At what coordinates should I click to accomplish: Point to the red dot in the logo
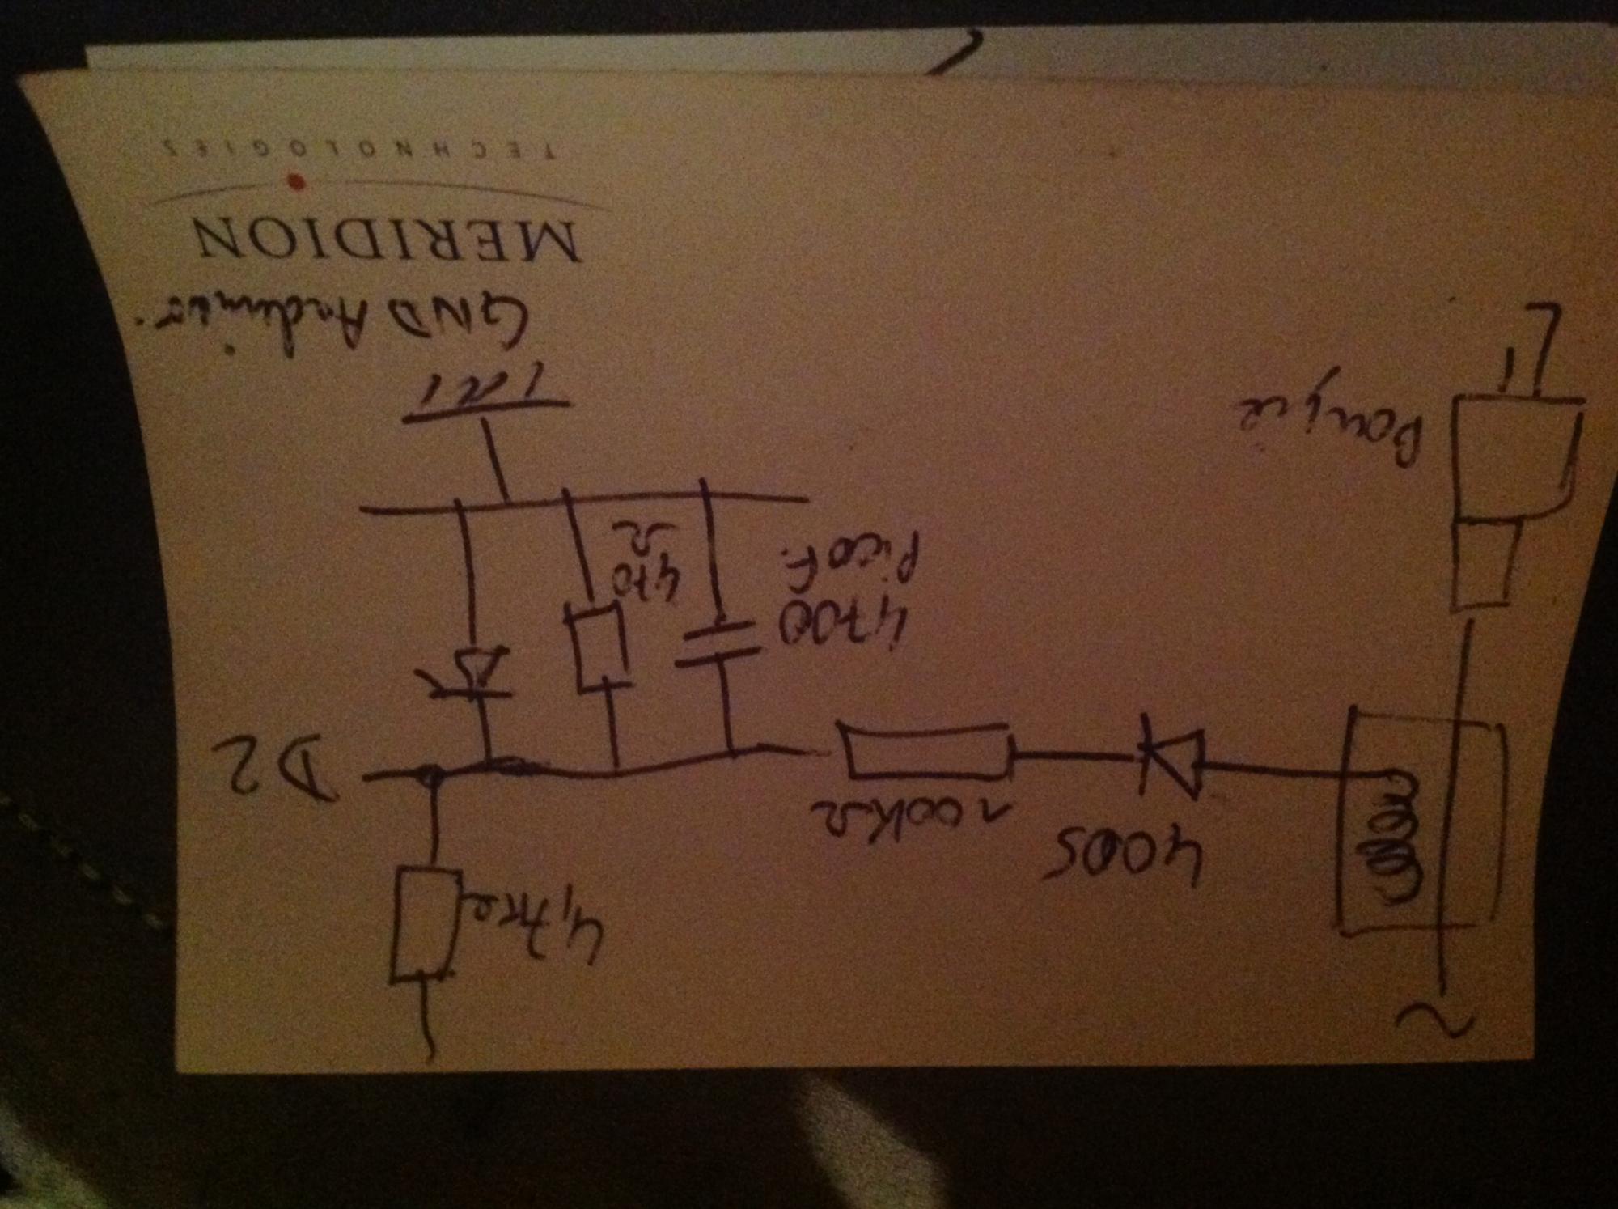pos(297,183)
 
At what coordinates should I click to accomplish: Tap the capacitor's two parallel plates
pos(718,644)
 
